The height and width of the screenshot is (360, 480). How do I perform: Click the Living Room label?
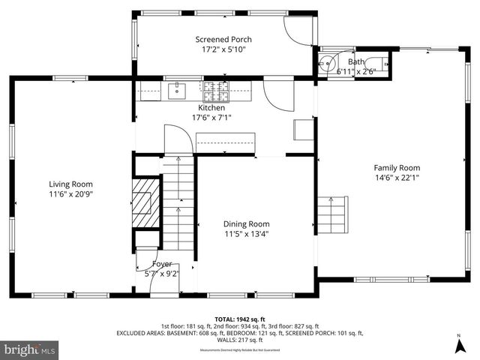pos(70,184)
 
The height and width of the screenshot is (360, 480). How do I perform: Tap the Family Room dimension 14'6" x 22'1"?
pos(397,178)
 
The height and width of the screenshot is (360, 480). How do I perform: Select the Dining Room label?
pos(246,223)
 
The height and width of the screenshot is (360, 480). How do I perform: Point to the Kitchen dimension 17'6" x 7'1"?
pos(211,117)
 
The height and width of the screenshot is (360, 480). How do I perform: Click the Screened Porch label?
pos(223,40)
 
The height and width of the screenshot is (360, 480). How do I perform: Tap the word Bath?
pos(355,61)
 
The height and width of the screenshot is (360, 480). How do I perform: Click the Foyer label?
pos(162,264)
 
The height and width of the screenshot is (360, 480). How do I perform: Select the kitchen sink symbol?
pos(178,91)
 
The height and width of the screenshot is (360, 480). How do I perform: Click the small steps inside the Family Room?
pos(333,215)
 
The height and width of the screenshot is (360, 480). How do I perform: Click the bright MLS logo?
pos(30,349)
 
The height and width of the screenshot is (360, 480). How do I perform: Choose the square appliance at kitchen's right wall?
pos(303,129)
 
